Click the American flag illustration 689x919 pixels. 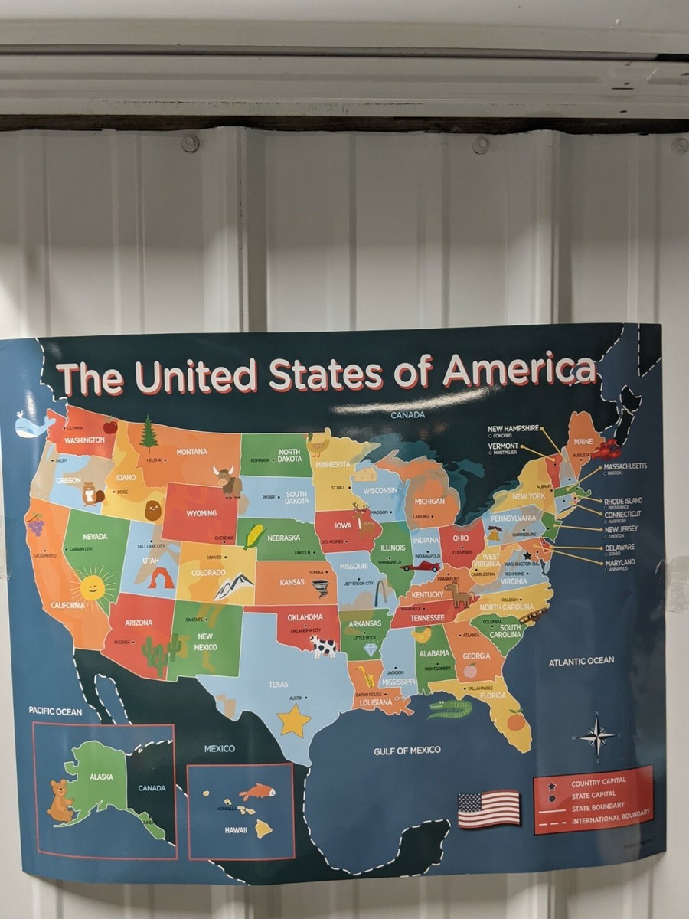tap(488, 809)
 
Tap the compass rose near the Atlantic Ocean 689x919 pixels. tap(596, 737)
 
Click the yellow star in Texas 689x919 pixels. tap(294, 721)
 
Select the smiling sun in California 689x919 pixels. tap(92, 587)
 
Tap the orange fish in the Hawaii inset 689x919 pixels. tap(256, 791)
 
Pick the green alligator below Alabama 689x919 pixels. tap(449, 708)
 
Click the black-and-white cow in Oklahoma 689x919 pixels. tap(322, 647)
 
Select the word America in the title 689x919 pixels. tap(520, 371)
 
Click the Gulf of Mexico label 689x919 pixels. tap(407, 750)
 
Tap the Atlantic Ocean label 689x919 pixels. tap(581, 660)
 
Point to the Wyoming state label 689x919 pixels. tap(201, 512)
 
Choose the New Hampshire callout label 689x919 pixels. tap(514, 428)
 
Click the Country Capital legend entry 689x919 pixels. tap(598, 781)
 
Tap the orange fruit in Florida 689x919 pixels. tap(516, 720)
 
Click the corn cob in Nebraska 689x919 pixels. tap(253, 535)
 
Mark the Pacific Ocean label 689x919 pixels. tap(55, 711)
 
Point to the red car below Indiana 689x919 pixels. tap(422, 567)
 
